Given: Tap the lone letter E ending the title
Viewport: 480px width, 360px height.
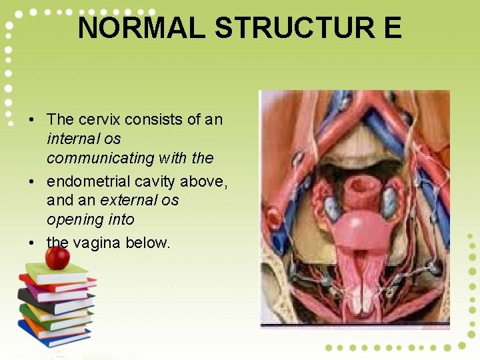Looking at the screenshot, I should pos(391,29).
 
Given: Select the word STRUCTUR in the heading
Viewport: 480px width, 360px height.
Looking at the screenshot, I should pos(294,29).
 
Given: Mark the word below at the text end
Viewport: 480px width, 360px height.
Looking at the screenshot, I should pos(149,242).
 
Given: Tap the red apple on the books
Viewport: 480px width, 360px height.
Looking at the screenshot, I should pos(57,257).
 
